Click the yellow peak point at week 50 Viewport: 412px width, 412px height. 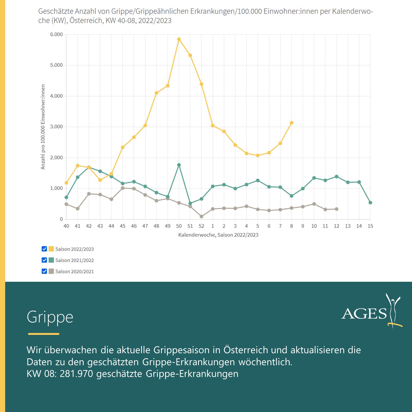(x=179, y=39)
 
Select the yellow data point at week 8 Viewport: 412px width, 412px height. (x=292, y=123)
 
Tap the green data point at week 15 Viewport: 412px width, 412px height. (x=370, y=203)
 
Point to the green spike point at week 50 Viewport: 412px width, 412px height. (x=179, y=165)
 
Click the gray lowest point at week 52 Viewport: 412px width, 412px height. (x=201, y=217)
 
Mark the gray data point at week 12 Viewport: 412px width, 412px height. (x=337, y=209)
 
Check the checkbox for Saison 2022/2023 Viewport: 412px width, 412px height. (x=44, y=249)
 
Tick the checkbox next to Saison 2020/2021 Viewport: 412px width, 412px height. (x=44, y=271)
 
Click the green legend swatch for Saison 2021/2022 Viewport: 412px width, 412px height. (x=51, y=260)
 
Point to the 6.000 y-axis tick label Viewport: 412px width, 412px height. (x=56, y=34)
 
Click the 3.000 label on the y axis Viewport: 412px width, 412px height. (x=56, y=127)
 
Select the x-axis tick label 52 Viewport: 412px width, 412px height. (x=201, y=226)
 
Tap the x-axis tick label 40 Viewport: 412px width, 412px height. (x=66, y=226)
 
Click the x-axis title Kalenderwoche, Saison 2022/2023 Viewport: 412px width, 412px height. (x=218, y=235)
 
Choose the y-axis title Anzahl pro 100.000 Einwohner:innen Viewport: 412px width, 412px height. (x=43, y=127)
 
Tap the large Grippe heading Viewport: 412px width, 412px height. (x=50, y=317)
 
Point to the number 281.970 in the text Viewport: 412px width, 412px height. (x=76, y=374)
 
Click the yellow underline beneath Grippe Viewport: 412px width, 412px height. (x=44, y=334)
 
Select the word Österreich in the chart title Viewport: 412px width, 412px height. (x=86, y=21)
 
